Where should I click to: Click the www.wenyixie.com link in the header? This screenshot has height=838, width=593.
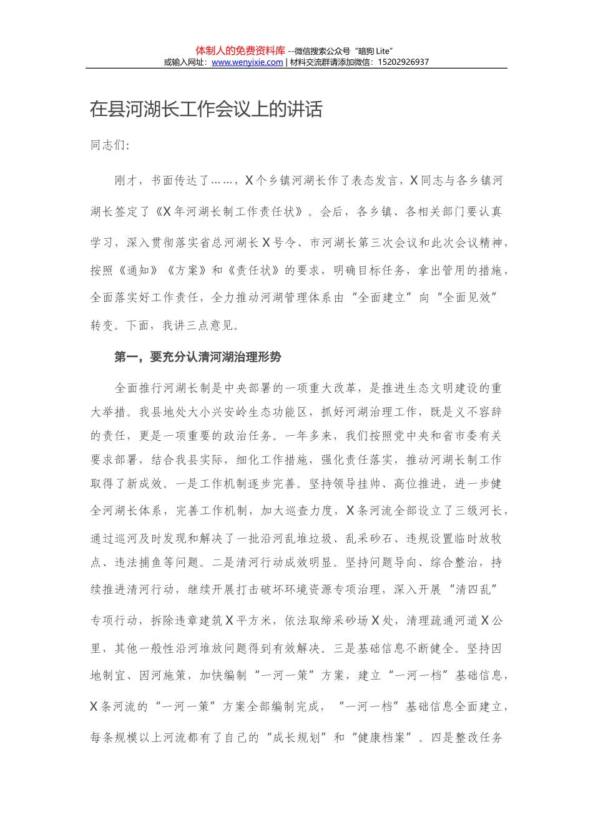click(x=247, y=62)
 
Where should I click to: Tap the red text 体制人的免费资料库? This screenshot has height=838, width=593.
click(x=240, y=51)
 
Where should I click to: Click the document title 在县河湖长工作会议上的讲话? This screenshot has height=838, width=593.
click(x=206, y=110)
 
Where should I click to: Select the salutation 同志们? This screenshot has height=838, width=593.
click(x=109, y=145)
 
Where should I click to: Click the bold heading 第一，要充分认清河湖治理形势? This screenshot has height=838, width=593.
click(x=198, y=357)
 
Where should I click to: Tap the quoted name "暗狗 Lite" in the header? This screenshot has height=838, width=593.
click(x=373, y=51)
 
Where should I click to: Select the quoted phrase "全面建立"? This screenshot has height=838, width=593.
click(x=381, y=298)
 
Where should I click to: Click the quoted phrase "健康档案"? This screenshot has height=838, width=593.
click(x=383, y=738)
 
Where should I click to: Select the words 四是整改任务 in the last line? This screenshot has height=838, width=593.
click(x=466, y=738)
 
